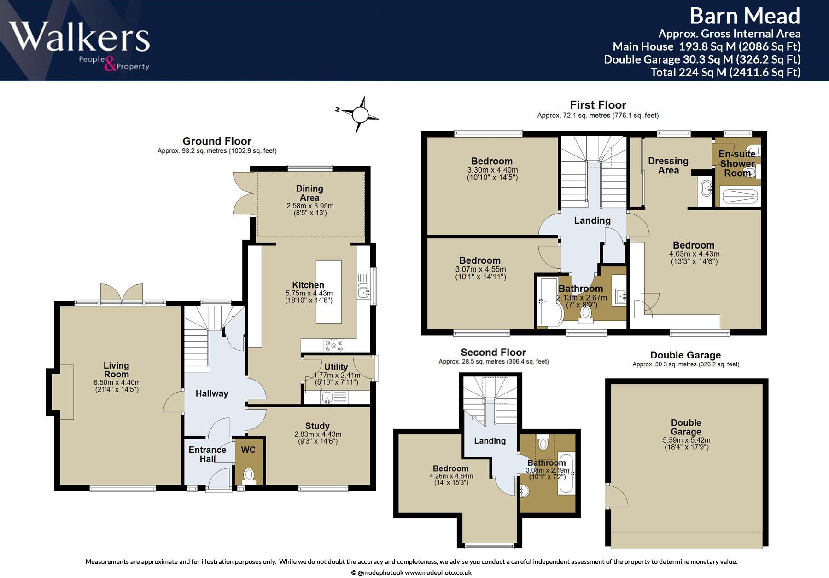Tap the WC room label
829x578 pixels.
click(248, 450)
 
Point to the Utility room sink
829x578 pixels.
click(327, 397)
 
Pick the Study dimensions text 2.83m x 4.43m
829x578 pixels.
click(318, 434)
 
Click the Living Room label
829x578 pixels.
click(117, 370)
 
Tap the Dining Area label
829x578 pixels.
click(309, 193)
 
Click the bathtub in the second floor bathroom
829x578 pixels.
click(566, 474)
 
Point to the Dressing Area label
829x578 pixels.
click(668, 166)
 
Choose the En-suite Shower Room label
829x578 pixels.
click(737, 163)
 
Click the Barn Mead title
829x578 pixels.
click(745, 16)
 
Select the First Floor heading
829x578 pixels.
click(598, 105)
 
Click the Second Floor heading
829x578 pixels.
click(493, 353)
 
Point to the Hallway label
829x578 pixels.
click(212, 393)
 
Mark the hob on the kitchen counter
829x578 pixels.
click(334, 345)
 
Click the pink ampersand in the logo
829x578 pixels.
click(110, 64)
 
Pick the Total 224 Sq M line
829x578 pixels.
click(725, 72)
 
